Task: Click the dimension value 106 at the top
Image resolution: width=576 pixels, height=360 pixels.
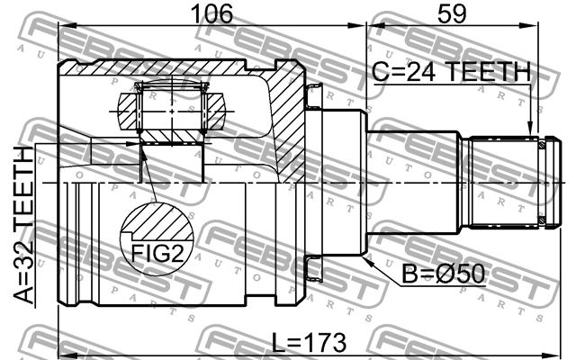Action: (211, 14)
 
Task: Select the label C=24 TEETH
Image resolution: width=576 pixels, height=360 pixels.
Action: (450, 72)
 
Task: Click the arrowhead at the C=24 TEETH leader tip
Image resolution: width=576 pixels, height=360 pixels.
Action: (531, 129)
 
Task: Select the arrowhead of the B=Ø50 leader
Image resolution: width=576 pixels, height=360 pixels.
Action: (366, 254)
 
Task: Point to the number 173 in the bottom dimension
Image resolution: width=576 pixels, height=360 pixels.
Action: (327, 343)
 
